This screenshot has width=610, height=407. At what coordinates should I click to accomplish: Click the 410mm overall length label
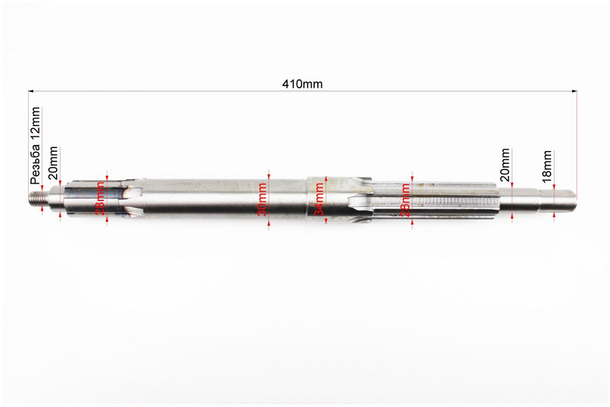coord(302,84)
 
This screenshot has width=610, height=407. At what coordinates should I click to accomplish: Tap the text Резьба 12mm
coord(35,146)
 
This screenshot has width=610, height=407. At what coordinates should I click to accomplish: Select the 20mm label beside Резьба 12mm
coord(54,163)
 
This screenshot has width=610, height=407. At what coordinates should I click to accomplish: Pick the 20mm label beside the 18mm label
coord(504,165)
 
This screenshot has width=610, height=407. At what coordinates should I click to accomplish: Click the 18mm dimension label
coord(547,166)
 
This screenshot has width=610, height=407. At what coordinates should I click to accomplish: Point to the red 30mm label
coord(262,200)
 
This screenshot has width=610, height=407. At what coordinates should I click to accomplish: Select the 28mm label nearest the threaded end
coord(100,199)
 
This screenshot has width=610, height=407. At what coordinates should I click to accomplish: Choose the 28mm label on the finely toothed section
coord(405,199)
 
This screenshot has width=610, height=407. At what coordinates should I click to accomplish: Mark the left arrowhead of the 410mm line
coord(30,91)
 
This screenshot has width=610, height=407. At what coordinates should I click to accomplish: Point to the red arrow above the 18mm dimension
coord(554,186)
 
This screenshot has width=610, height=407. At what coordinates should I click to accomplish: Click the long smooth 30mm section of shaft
coord(213,199)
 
